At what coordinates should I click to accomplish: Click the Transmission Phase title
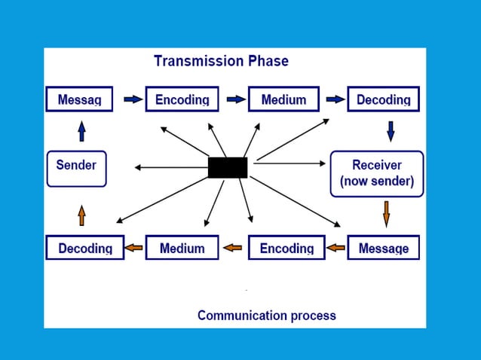[x=221, y=61]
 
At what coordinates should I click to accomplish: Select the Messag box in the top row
[x=79, y=99]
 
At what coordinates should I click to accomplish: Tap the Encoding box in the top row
[x=182, y=99]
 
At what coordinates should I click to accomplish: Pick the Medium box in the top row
[x=283, y=99]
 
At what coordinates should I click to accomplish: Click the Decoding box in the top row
[x=383, y=99]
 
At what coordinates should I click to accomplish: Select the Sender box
[x=76, y=168]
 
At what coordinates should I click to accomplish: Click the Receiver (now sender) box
[x=376, y=173]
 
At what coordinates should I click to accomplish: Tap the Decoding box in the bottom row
[x=85, y=248]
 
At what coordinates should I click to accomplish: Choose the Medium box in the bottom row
[x=182, y=248]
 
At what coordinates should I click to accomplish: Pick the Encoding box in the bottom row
[x=286, y=248]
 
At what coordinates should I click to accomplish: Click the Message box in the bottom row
[x=383, y=248]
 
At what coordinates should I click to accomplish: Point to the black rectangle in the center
[x=228, y=167]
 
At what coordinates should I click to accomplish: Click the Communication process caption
[x=266, y=315]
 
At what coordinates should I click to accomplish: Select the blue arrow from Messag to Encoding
[x=133, y=99]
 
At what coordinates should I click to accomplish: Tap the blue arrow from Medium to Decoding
[x=335, y=99]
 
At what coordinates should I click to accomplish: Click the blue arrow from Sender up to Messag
[x=81, y=133]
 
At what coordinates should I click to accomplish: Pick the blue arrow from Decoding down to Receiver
[x=390, y=132]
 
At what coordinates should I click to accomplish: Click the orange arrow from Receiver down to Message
[x=386, y=213]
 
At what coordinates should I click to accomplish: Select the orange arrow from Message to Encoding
[x=336, y=247]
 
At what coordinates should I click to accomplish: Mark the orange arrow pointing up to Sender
[x=81, y=215]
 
